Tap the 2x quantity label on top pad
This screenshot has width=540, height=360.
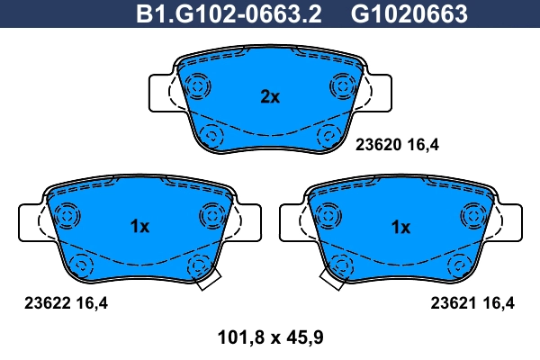pyautogui.click(x=270, y=97)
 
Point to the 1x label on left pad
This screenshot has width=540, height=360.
pyautogui.click(x=139, y=227)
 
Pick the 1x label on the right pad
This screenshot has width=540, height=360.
pyautogui.click(x=400, y=227)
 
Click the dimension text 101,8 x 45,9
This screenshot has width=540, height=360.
pyautogui.click(x=270, y=338)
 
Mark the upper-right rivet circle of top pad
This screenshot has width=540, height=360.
pyautogui.click(x=343, y=85)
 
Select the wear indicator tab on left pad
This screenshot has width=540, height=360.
pyautogui.click(x=207, y=280)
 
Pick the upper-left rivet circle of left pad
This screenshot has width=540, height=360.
pyautogui.click(x=66, y=216)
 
